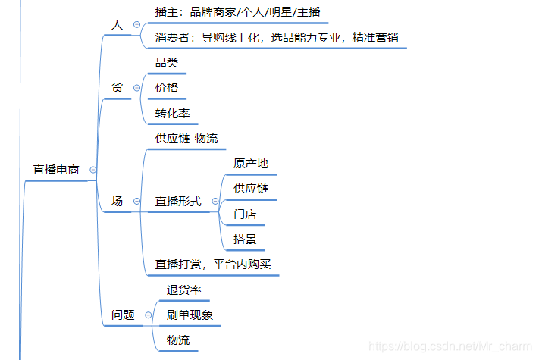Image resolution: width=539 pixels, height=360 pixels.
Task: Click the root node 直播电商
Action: (55, 170)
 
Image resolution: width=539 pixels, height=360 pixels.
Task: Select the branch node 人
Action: (117, 25)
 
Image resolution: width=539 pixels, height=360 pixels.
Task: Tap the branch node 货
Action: (117, 88)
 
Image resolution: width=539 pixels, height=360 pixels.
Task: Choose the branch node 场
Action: (117, 201)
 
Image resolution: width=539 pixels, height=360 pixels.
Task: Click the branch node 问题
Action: (123, 315)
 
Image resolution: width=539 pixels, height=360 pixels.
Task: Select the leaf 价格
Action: (167, 88)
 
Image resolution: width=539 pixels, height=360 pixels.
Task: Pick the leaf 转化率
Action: (172, 113)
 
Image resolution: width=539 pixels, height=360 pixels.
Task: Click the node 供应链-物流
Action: (186, 138)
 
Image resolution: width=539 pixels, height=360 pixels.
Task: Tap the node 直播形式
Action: (178, 201)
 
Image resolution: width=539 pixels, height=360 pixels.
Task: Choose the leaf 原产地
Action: (250, 163)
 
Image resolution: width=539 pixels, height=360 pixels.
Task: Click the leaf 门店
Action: (245, 214)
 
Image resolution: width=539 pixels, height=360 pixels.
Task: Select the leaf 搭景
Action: (245, 239)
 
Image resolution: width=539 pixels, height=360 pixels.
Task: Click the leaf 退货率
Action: (183, 290)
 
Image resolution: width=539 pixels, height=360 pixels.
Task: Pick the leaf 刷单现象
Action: (190, 315)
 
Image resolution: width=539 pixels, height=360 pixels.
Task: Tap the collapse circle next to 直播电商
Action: (93, 170)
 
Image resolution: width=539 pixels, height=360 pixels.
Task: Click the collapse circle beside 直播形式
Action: (215, 201)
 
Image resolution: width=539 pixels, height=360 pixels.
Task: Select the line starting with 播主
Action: (237, 12)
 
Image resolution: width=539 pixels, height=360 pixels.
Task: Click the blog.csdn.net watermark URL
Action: (452, 346)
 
